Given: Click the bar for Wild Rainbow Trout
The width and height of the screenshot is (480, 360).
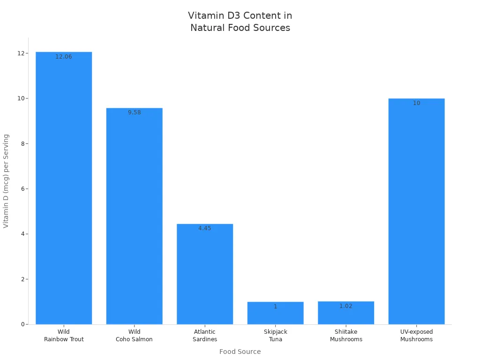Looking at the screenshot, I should point(64,187).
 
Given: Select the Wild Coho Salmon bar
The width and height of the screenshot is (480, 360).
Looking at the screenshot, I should point(134,216).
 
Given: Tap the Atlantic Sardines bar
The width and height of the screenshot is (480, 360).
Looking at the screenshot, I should point(205,274).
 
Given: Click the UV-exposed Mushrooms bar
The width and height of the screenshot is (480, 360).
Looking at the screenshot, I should point(416,211).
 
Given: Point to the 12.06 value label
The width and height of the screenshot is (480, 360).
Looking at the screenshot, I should point(64,57).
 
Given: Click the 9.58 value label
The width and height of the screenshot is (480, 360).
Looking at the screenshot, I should point(134,112).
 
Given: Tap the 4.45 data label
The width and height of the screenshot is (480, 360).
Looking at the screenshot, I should point(205,228).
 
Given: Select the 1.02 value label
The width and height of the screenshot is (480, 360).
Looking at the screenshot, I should point(346,306).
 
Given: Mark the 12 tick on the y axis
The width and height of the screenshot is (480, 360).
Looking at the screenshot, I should point(21,53).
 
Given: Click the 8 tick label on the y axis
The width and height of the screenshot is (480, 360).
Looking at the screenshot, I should point(22,144).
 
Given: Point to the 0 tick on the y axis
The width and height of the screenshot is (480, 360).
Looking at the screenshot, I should point(22,324).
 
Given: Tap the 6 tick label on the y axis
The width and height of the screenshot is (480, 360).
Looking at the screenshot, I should point(22,189).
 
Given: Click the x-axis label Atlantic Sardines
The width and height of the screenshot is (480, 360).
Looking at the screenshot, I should point(205,336).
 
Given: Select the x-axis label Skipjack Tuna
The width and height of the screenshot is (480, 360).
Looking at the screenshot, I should point(275,336).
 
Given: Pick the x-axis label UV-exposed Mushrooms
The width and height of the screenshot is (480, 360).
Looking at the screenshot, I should point(416,336).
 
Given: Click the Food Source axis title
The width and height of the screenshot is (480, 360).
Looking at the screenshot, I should point(240,352).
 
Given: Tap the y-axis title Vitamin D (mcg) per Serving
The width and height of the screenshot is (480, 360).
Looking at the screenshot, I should point(6,181).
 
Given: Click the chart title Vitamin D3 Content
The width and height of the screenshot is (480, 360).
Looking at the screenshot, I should point(240,22).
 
